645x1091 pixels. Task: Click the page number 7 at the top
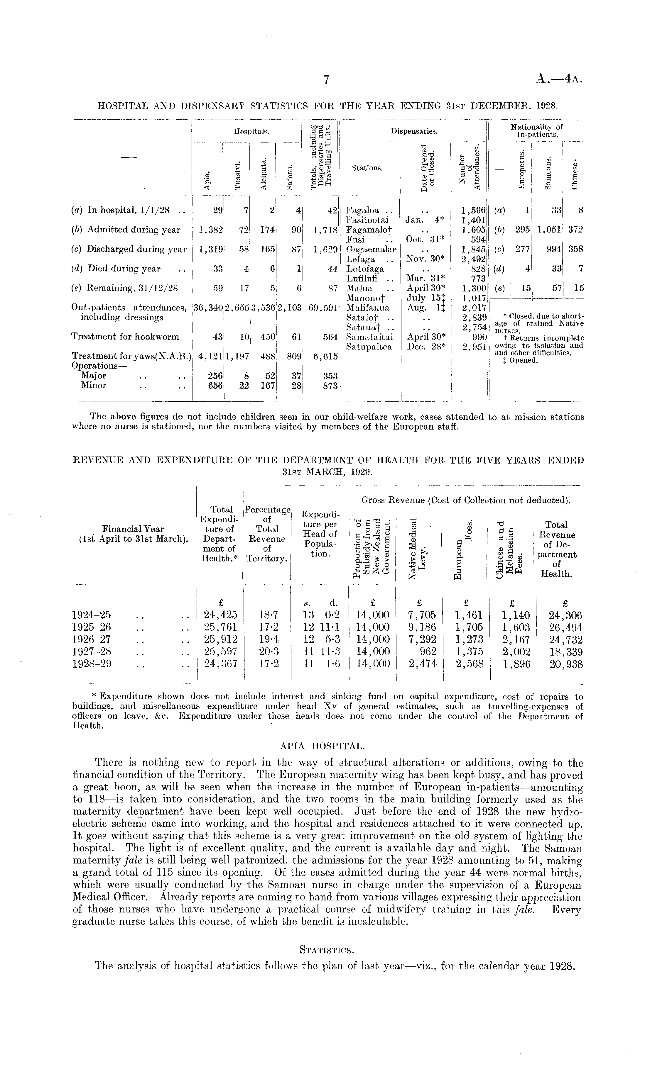pyautogui.click(x=326, y=79)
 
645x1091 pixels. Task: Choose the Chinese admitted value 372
pyautogui.click(x=575, y=230)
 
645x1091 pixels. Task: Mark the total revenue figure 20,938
pyautogui.click(x=566, y=664)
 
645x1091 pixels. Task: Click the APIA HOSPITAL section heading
pyautogui.click(x=322, y=746)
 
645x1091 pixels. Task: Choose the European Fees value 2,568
pyautogui.click(x=469, y=664)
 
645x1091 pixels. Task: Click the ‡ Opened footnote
pyautogui.click(x=520, y=360)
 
